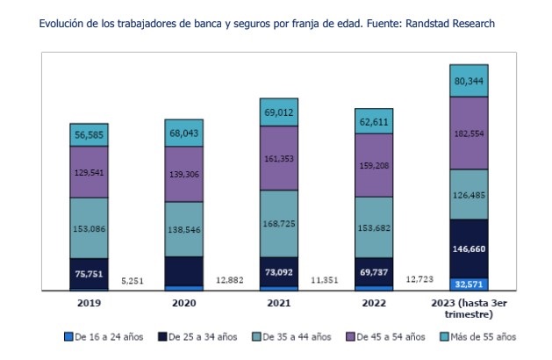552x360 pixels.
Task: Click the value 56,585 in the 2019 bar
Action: tap(89, 135)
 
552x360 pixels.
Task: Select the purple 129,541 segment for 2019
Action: tap(89, 173)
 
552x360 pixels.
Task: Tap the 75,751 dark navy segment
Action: tap(89, 272)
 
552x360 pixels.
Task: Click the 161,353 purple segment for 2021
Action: tap(280, 159)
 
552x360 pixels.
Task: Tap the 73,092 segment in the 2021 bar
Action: tap(280, 272)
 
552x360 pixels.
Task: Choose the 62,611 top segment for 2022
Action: tap(374, 122)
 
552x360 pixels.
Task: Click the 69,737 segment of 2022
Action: tap(374, 273)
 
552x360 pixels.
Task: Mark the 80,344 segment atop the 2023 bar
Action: tap(469, 81)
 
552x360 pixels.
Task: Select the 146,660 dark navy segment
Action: tap(469, 249)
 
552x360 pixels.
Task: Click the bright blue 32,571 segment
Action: tap(469, 284)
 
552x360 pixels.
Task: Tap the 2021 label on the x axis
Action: tap(279, 303)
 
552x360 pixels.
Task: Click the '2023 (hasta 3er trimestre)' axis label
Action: tap(469, 308)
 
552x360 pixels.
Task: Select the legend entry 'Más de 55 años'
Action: tap(479, 336)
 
